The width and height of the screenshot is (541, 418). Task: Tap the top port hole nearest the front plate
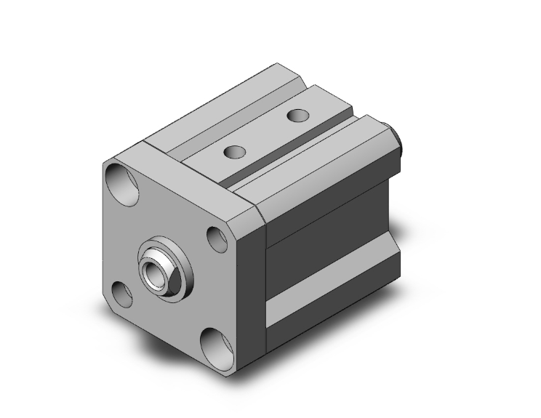point(234,152)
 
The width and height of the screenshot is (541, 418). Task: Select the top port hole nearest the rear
point(297,115)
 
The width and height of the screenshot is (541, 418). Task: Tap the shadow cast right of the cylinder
point(429,305)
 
